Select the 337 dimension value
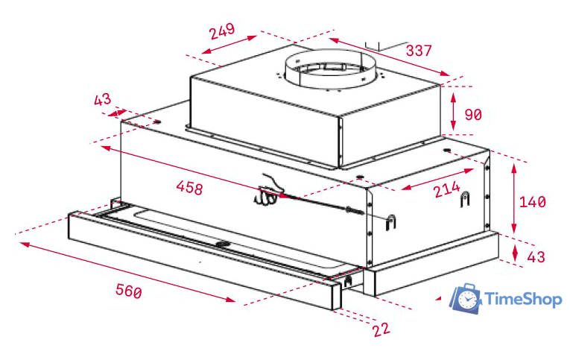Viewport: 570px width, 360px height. [x=419, y=51]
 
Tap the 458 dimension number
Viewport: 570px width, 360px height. [x=189, y=188]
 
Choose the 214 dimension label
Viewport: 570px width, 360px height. [x=446, y=190]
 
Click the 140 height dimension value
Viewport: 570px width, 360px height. [x=533, y=201]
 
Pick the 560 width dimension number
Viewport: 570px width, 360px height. [x=128, y=290]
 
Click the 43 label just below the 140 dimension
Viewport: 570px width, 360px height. [x=536, y=256]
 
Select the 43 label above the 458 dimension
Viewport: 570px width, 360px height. [x=102, y=100]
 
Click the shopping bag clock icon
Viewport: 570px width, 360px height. [x=466, y=298]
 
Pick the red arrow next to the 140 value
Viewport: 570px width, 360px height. [x=514, y=199]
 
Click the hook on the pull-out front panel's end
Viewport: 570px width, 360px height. [x=348, y=282]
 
